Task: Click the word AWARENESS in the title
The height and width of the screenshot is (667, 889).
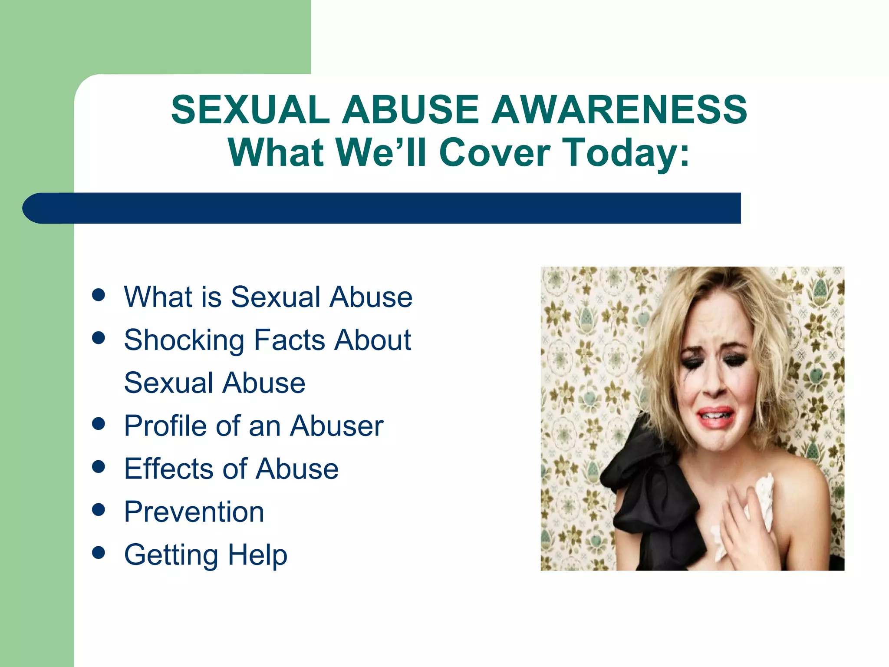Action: pos(619,109)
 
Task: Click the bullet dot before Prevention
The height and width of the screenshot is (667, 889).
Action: pos(99,509)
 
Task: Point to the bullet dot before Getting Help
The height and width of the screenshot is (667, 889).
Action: pos(99,552)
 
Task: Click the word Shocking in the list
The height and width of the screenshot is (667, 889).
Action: pos(184,340)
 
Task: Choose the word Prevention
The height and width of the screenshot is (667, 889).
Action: pos(194,512)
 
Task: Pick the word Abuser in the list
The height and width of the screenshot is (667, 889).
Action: pos(337,426)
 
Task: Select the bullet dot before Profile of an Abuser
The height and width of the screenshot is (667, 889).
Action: pos(99,424)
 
